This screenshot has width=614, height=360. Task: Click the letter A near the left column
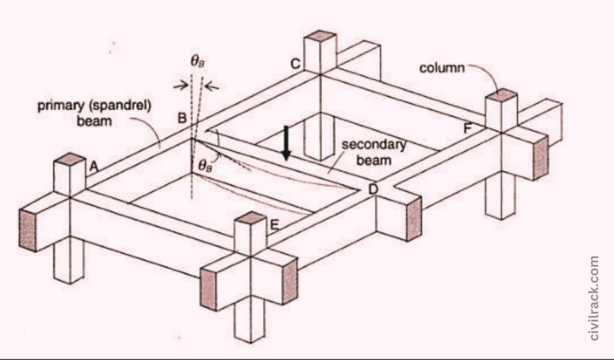[x=94, y=167]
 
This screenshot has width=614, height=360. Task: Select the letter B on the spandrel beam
[x=182, y=118]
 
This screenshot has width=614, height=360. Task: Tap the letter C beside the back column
[x=296, y=64]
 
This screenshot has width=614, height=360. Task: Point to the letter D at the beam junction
[x=373, y=190]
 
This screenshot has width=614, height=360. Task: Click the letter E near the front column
[x=274, y=225]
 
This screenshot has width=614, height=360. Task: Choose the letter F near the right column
[x=468, y=128]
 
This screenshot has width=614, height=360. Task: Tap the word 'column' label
[x=442, y=68]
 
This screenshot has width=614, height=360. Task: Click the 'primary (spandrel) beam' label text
[x=94, y=112]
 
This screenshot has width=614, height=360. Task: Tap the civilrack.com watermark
[x=594, y=298]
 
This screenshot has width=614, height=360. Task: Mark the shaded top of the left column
[x=70, y=159]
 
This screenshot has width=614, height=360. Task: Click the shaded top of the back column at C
[x=320, y=36]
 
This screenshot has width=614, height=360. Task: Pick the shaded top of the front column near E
[x=250, y=217]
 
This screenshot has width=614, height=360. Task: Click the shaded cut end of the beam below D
[x=414, y=219]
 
